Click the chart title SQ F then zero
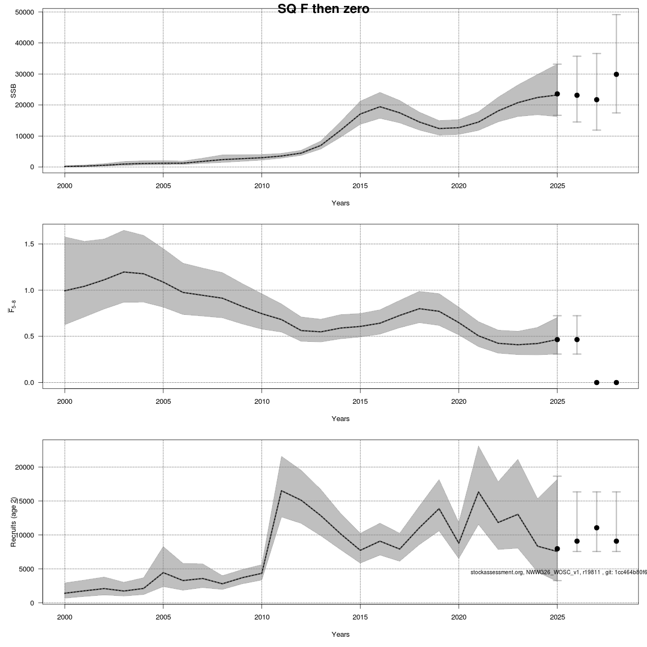pos(323,9)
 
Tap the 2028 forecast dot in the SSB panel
pos(616,74)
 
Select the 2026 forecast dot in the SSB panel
pos(577,95)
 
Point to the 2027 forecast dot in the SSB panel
pos(596,100)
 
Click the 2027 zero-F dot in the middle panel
pos(596,382)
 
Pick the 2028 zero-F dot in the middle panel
pos(616,382)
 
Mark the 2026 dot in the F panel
pos(577,340)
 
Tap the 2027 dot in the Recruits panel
pos(596,528)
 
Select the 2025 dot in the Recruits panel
pos(557,549)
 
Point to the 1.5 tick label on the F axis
pos(29,244)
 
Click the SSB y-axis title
pos(14,92)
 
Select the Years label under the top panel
pos(340,203)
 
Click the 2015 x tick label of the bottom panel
pos(360,615)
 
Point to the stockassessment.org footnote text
pos(558,572)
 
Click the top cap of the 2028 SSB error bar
pos(616,15)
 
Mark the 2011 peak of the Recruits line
pos(281,491)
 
